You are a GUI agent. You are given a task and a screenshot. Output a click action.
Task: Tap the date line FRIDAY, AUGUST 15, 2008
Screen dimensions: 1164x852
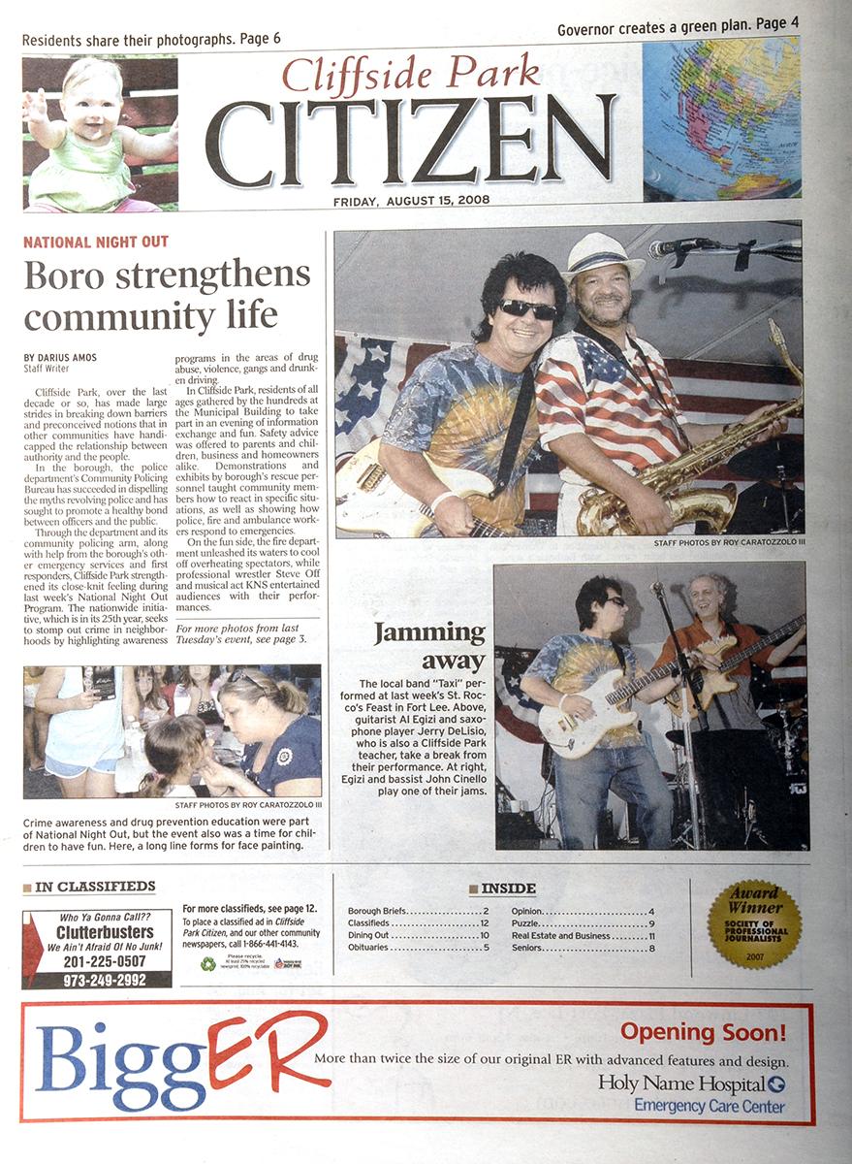pos(412,201)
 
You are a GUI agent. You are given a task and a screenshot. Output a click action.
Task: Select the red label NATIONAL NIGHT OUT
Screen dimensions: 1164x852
pos(96,242)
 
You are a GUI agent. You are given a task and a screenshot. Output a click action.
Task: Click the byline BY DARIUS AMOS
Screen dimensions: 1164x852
pos(61,358)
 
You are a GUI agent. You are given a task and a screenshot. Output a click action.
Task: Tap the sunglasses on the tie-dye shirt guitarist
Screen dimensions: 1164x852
pos(527,309)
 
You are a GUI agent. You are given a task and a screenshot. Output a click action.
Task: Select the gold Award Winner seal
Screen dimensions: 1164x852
pos(753,924)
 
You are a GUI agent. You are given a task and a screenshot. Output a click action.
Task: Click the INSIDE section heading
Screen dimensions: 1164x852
pos(508,889)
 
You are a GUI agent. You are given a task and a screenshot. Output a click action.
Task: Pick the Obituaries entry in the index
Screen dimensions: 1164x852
pos(369,948)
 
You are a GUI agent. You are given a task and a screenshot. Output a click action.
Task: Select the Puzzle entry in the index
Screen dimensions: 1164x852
pos(529,923)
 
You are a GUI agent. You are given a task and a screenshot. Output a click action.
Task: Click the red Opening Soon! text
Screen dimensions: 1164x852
pos(703,1031)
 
